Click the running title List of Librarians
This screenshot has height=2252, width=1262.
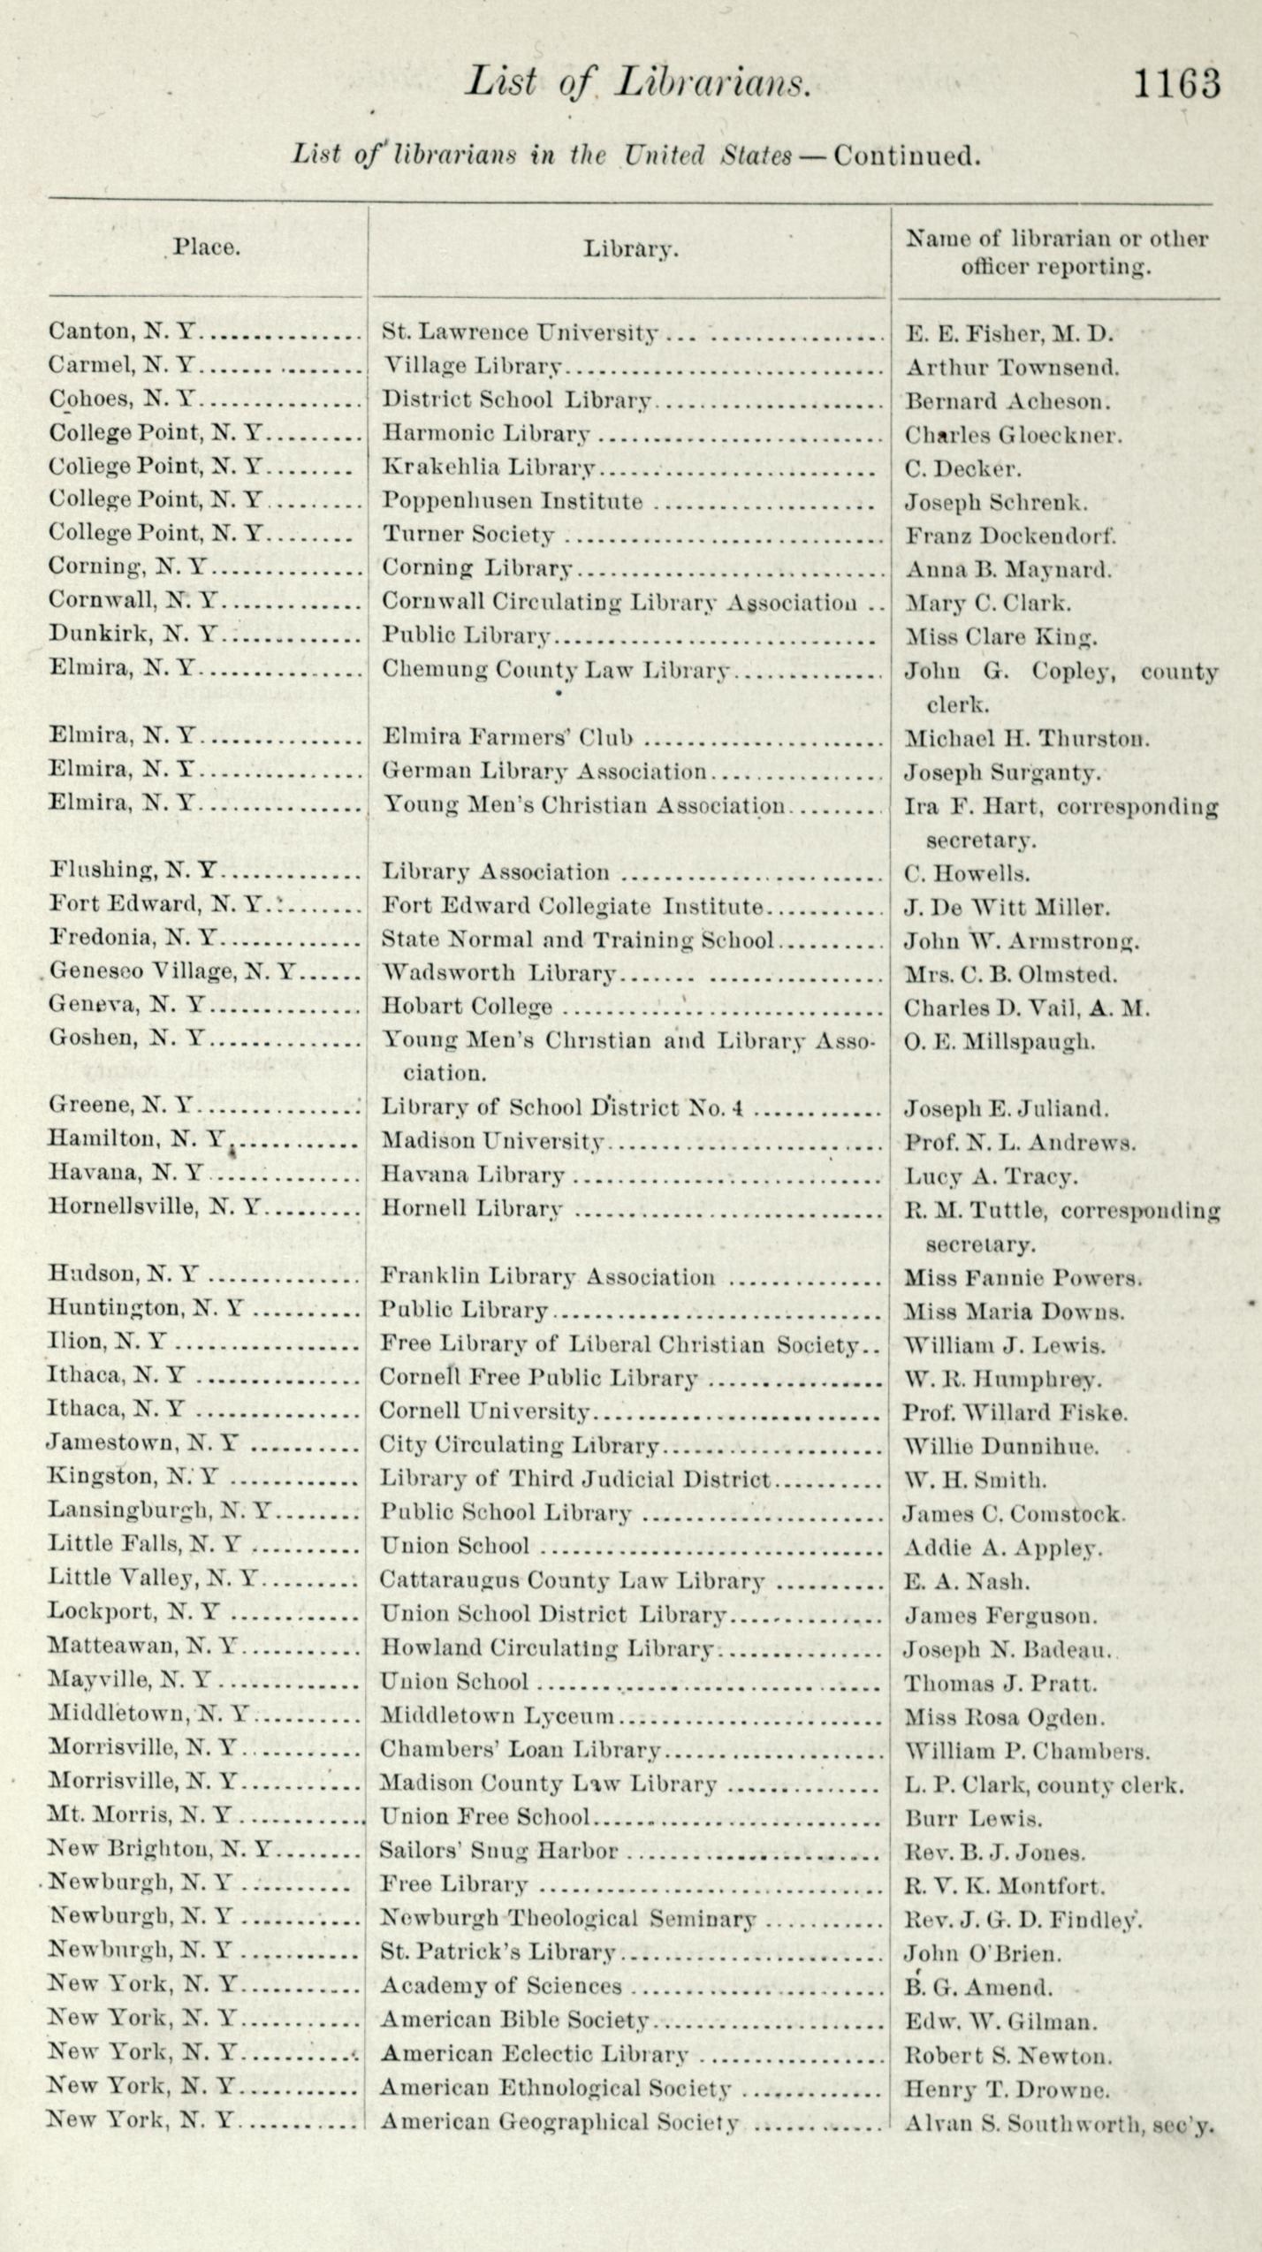(637, 82)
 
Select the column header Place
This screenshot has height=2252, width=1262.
(206, 247)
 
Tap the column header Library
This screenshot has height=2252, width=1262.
(630, 249)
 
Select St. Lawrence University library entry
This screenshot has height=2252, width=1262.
(520, 332)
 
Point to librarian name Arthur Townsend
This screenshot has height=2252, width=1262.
(1011, 367)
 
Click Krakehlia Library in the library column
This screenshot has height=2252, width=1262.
(488, 468)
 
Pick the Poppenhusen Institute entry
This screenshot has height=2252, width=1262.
(512, 501)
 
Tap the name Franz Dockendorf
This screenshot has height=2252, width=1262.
(1010, 536)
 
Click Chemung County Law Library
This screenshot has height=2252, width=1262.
(556, 670)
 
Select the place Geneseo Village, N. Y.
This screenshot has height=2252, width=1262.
(172, 972)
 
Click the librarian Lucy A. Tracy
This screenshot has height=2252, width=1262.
(991, 1176)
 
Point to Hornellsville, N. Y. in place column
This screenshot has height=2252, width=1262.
(155, 1207)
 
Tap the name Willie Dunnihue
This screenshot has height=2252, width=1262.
(1000, 1447)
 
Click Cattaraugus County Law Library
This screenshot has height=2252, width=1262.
(572, 1580)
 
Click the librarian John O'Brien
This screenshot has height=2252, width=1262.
(982, 1953)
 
